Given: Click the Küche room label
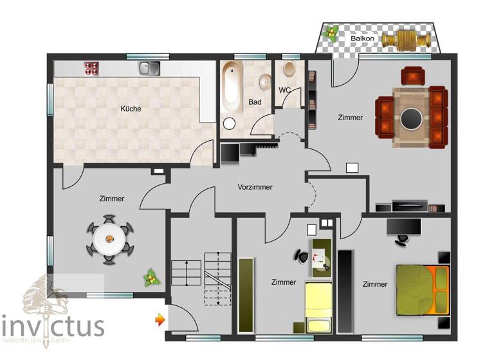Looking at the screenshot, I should [131, 109].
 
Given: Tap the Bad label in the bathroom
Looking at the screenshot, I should [255, 102].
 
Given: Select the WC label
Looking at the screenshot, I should [285, 89].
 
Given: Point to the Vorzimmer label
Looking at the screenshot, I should [255, 187].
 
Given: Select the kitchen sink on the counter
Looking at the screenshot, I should [149, 67].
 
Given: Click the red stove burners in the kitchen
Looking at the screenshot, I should [90, 67].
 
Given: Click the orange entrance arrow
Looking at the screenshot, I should [159, 318].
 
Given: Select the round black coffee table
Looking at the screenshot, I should [412, 118].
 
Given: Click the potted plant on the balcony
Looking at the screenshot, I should [333, 33].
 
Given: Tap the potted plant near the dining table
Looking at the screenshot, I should [152, 277].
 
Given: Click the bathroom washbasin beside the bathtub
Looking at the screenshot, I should [264, 82].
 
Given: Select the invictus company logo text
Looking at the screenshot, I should [53, 325].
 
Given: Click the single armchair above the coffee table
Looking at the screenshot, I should [412, 76].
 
